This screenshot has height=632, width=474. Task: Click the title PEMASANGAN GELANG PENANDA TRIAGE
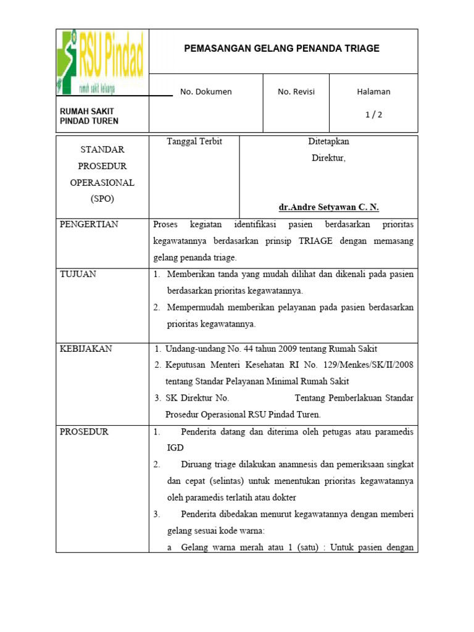(x=283, y=48)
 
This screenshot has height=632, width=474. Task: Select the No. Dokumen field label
(x=206, y=91)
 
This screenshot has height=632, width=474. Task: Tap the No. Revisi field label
(x=296, y=91)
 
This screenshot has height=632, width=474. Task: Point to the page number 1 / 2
(x=373, y=114)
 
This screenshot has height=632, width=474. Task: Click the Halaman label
(x=373, y=91)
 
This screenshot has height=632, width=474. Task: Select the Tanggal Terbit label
(x=194, y=141)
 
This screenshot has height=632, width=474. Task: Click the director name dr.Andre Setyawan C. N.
(x=328, y=207)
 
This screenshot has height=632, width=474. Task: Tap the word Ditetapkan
(x=328, y=141)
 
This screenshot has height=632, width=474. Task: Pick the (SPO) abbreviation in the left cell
(x=102, y=199)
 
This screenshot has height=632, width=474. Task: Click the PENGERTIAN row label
(x=89, y=224)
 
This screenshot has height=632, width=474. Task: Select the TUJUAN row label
(x=78, y=274)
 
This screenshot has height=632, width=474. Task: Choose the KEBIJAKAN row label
(x=86, y=349)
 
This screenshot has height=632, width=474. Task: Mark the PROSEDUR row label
(x=84, y=431)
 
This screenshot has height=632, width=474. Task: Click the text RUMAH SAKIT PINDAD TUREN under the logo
(x=89, y=116)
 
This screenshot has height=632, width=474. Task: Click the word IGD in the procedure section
(x=175, y=447)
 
